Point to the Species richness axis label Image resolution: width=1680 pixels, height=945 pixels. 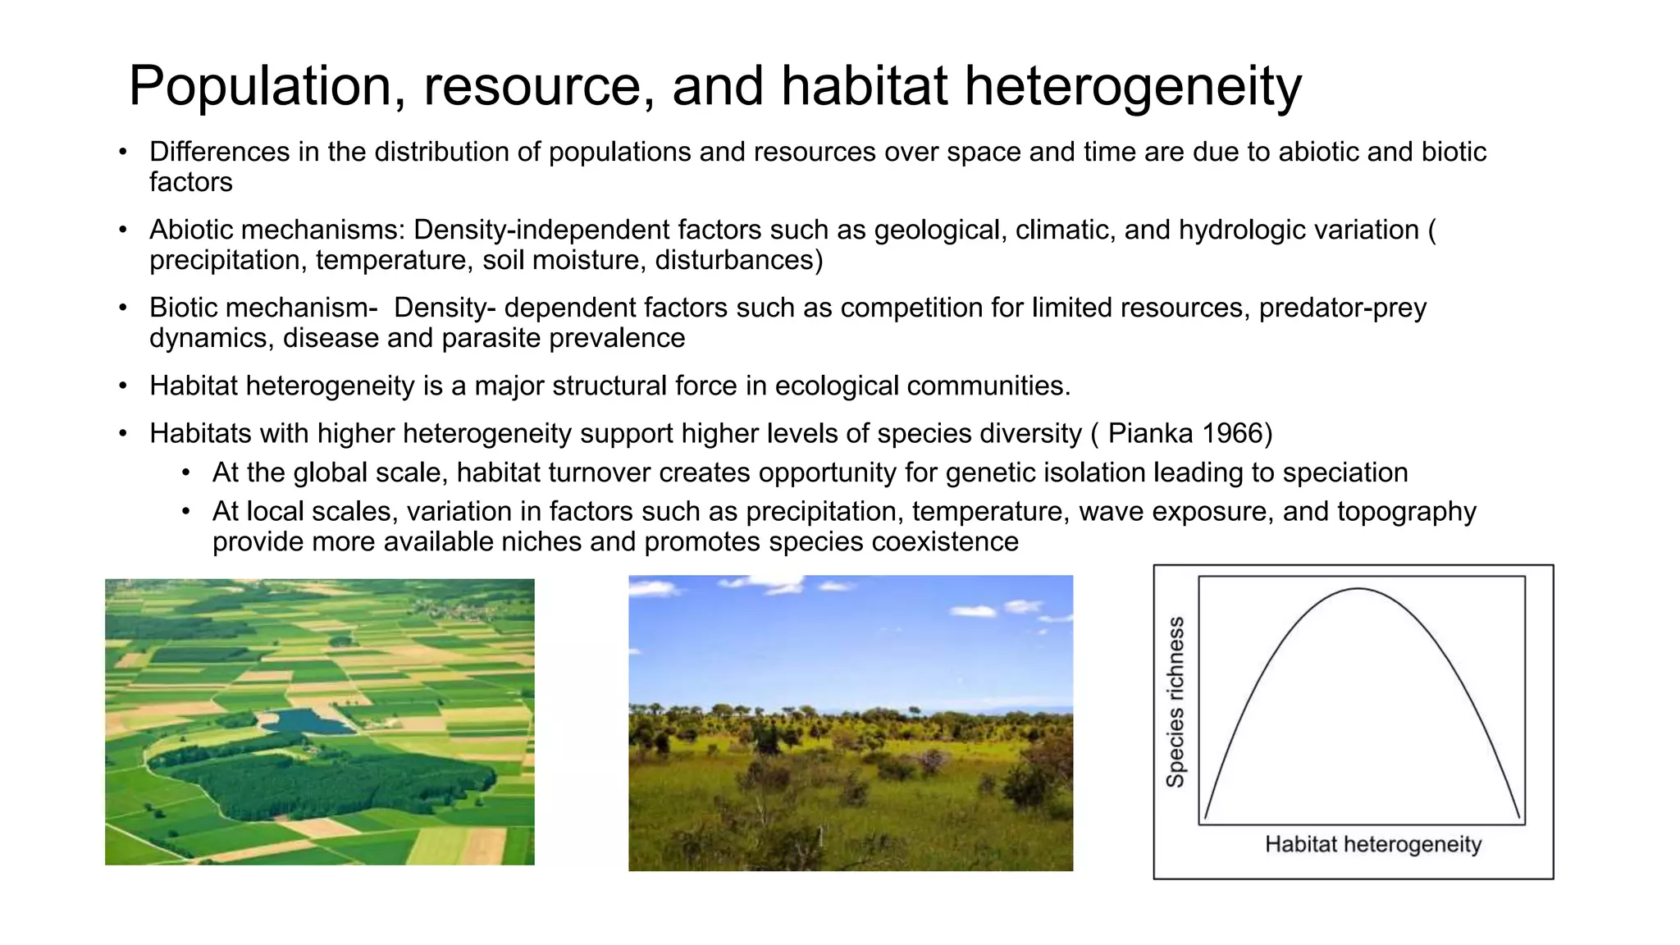pyautogui.click(x=1176, y=701)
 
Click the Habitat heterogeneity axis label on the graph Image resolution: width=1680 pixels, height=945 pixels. pyautogui.click(x=1372, y=844)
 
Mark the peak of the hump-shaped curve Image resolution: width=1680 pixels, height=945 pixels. pyautogui.click(x=1358, y=589)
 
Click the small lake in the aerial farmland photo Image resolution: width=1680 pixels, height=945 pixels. pyautogui.click(x=305, y=722)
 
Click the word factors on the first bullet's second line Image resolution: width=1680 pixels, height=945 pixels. pyautogui.click(x=190, y=182)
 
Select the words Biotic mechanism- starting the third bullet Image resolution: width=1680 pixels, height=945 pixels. pyautogui.click(x=263, y=308)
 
